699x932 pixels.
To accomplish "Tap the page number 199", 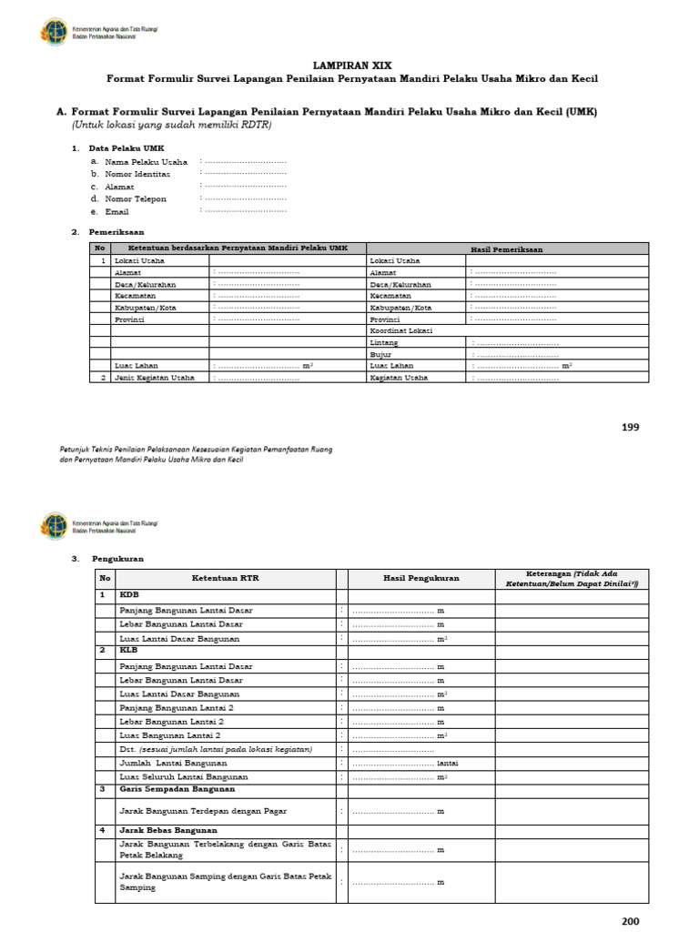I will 631,427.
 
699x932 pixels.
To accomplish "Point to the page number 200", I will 631,921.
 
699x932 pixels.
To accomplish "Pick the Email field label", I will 117,210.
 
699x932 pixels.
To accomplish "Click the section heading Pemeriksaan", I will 116,232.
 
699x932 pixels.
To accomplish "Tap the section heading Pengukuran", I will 114,558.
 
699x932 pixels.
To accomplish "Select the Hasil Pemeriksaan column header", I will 506,248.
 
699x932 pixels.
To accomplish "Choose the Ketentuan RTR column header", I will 225,578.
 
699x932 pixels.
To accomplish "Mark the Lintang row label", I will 384,342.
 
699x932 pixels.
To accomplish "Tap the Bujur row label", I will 380,354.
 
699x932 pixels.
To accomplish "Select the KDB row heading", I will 129,594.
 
